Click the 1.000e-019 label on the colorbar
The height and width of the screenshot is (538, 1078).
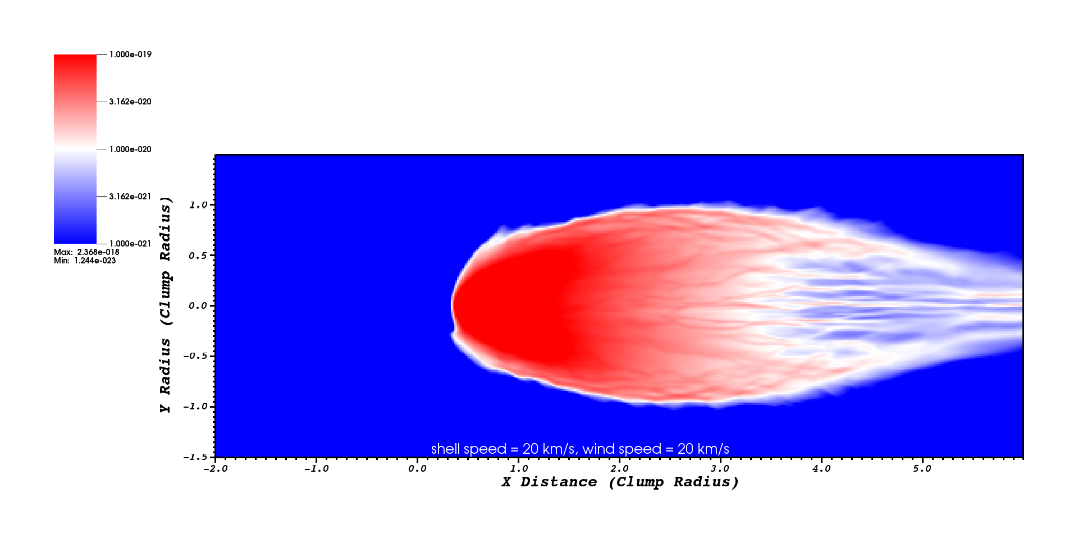[x=130, y=54]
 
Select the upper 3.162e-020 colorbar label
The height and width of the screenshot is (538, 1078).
[x=130, y=102]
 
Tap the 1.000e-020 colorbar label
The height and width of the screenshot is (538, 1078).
[x=130, y=149]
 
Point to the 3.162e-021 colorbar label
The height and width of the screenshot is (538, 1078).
[x=130, y=197]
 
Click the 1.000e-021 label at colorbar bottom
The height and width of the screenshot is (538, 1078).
[x=130, y=244]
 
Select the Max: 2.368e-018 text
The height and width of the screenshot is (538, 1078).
[x=86, y=252]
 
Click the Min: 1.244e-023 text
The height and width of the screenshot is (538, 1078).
[x=85, y=261]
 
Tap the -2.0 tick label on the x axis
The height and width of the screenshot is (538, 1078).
[x=215, y=469]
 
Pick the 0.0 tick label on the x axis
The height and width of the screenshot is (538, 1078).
[x=417, y=469]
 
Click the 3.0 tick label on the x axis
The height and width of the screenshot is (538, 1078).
[x=720, y=469]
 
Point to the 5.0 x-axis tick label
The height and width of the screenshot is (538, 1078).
[x=922, y=469]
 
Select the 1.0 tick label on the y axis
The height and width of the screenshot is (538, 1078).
[x=198, y=205]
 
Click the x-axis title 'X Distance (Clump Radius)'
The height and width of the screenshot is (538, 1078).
[x=620, y=482]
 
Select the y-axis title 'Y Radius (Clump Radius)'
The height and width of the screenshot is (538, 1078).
[x=165, y=305]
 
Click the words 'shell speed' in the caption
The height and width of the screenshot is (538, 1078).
[x=469, y=449]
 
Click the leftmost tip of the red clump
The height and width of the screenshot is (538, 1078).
[x=452, y=305]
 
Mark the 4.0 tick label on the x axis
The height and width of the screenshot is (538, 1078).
[x=821, y=469]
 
